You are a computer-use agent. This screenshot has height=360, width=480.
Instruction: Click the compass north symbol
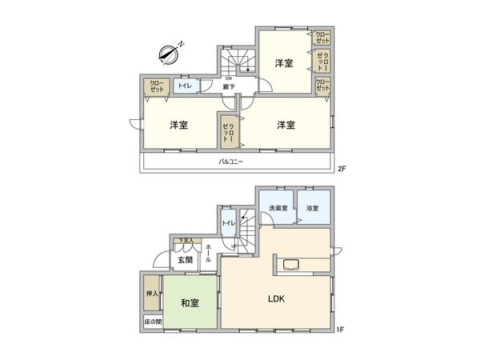click(170, 54)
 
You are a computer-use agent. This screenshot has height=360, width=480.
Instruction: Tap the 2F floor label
click(340, 169)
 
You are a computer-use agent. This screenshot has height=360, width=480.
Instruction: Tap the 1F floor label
click(340, 328)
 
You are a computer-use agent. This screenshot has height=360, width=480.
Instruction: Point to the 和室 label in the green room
click(190, 303)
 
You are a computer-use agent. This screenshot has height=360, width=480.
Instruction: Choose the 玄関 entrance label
click(185, 259)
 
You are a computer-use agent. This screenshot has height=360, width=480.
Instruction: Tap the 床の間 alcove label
click(152, 322)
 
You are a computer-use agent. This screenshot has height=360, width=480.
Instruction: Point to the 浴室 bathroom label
click(312, 208)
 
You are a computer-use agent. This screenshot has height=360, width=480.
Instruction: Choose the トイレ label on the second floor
click(185, 86)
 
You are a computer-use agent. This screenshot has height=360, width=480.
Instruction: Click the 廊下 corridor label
click(228, 86)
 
